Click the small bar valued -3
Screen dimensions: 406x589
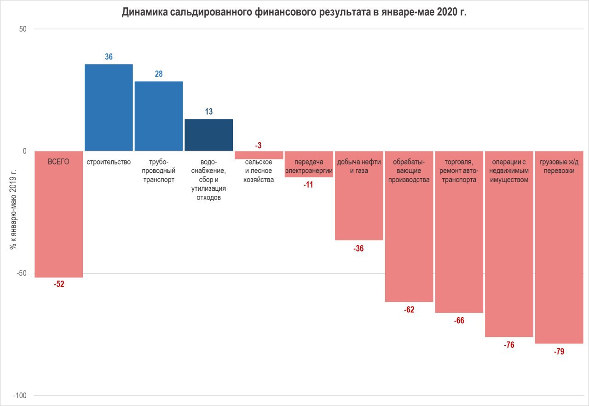point(259,155)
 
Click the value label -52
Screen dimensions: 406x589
point(59,284)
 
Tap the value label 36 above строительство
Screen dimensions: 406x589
point(109,57)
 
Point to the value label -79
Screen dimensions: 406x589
point(559,352)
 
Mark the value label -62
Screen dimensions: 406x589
point(409,310)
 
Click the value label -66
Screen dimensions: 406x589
point(459,320)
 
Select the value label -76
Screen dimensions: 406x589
point(509,345)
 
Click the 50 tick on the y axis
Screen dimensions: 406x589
point(23,29)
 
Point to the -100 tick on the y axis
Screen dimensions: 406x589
point(20,396)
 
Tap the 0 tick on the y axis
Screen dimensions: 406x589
point(25,151)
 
